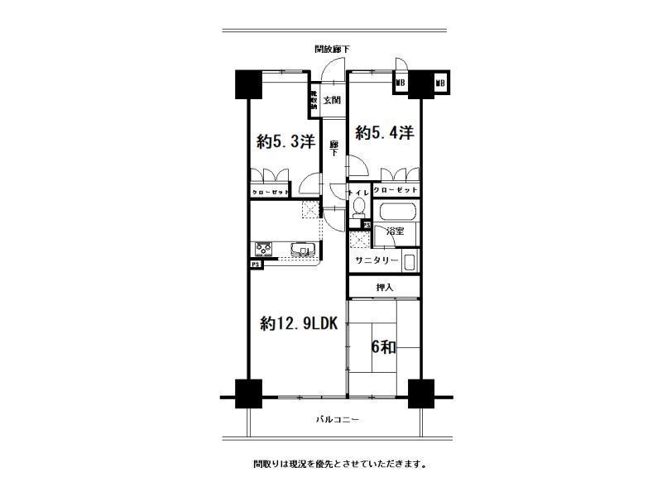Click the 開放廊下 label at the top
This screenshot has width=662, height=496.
(332, 50)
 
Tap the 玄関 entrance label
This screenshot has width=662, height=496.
(332, 101)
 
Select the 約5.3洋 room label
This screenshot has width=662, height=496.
(285, 141)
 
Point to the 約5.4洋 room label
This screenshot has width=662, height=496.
(384, 132)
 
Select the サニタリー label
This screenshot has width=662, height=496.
(377, 260)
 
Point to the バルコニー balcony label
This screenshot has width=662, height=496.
(337, 420)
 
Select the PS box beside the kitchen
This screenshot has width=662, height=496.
(254, 264)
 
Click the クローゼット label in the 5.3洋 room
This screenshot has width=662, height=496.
(271, 192)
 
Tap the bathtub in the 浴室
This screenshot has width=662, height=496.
(396, 212)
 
